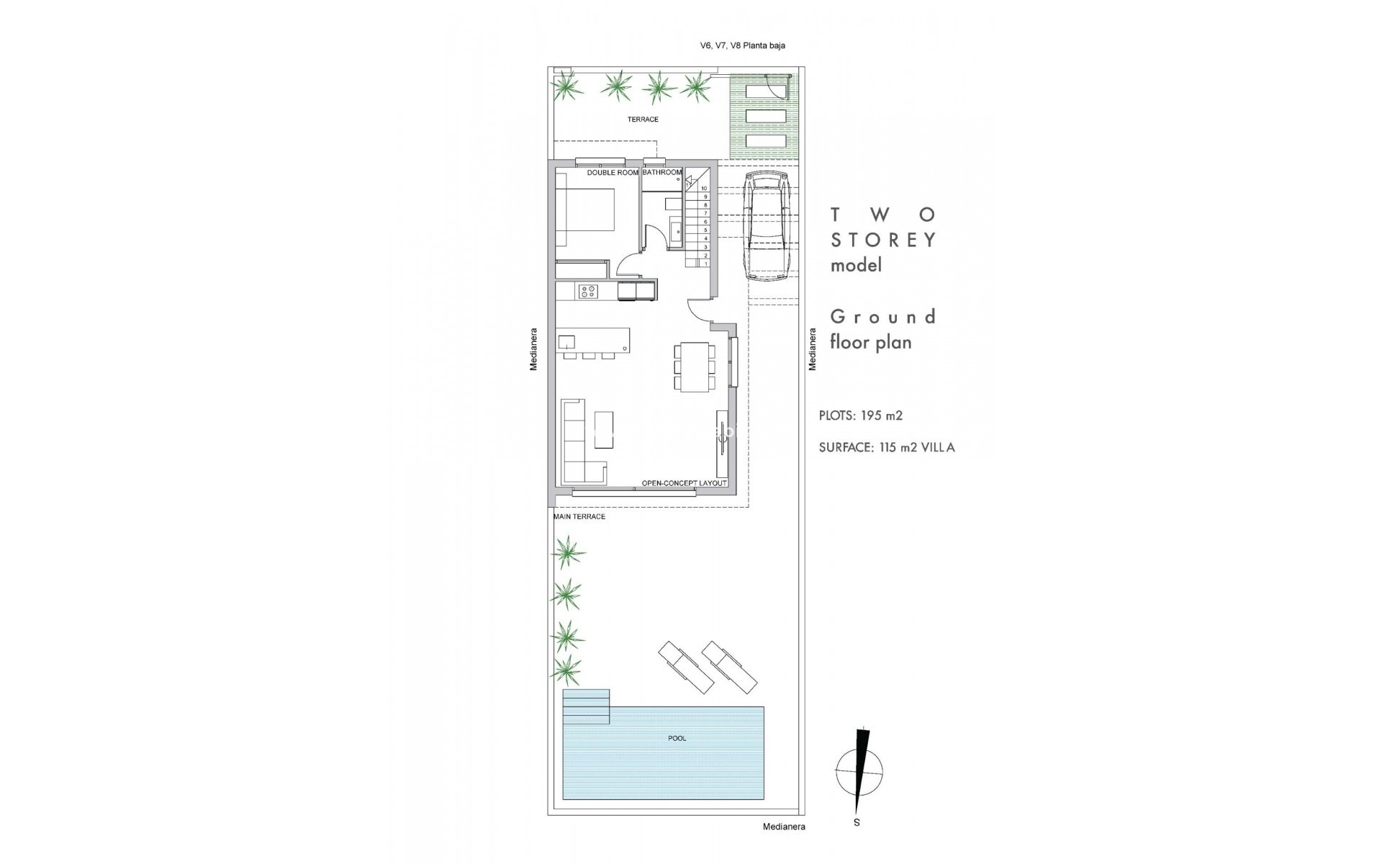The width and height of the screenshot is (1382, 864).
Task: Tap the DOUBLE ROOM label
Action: click(x=613, y=173)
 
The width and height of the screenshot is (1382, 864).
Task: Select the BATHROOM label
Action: click(x=661, y=173)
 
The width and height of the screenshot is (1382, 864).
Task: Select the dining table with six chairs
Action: click(x=695, y=366)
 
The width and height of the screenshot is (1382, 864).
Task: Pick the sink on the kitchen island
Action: click(x=566, y=341)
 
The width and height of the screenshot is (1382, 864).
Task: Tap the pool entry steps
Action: click(x=586, y=706)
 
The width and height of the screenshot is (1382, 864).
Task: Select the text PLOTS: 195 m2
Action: click(x=860, y=415)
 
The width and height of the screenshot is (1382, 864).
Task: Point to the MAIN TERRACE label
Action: click(x=579, y=517)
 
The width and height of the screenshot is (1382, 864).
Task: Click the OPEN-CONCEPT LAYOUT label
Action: click(x=684, y=483)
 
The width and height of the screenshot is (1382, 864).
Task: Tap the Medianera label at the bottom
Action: click(x=784, y=827)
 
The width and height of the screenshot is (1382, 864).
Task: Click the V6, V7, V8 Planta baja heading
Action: click(x=742, y=45)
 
